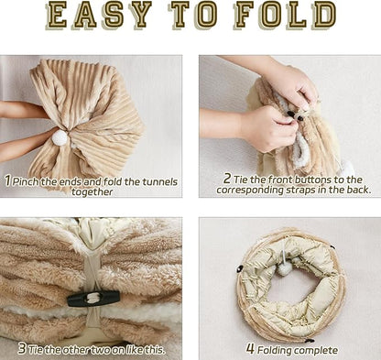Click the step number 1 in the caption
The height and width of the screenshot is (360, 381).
(7, 180)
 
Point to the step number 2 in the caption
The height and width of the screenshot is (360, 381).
(225, 179)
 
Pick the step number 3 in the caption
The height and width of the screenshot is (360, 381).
(21, 348)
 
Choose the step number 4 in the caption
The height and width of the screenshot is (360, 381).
(251, 349)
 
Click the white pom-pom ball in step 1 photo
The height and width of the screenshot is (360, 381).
(60, 137)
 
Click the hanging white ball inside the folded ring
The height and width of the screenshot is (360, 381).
(285, 267)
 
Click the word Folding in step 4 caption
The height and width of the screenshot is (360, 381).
(279, 349)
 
